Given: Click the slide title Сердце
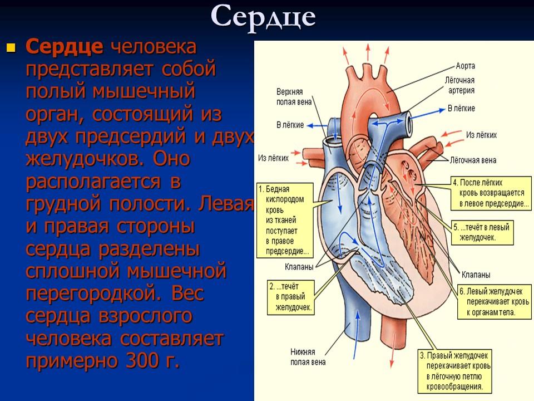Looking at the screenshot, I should click(263, 17).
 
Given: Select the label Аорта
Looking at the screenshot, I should click(466, 66).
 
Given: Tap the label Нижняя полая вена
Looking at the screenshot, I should click(303, 356).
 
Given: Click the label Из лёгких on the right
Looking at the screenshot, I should click(482, 135).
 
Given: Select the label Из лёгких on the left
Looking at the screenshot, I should click(274, 158).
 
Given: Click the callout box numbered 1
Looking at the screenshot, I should click(284, 219).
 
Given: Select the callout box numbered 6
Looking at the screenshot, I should click(491, 301).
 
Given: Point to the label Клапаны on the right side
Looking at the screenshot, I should click(476, 275).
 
